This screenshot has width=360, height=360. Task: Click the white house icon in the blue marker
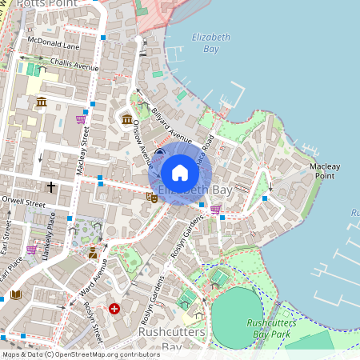pyautogui.click(x=180, y=173)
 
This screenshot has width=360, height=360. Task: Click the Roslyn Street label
pyautogui.click(x=94, y=323)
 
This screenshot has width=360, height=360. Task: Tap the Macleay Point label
pyautogui.click(x=325, y=170)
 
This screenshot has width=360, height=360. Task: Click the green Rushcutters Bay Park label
pyautogui.click(x=267, y=328)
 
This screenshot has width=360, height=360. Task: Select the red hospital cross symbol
pyautogui.click(x=115, y=308)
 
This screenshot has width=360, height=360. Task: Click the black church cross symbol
pyautogui.click(x=51, y=186)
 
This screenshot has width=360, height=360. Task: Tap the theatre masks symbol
pyautogui.click(x=151, y=197)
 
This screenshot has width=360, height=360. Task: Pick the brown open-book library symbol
pyautogui.click(x=16, y=294)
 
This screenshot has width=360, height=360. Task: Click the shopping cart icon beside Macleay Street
pyautogui.click(x=80, y=119)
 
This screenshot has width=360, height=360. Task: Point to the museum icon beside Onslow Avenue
pyautogui.click(x=127, y=120)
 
